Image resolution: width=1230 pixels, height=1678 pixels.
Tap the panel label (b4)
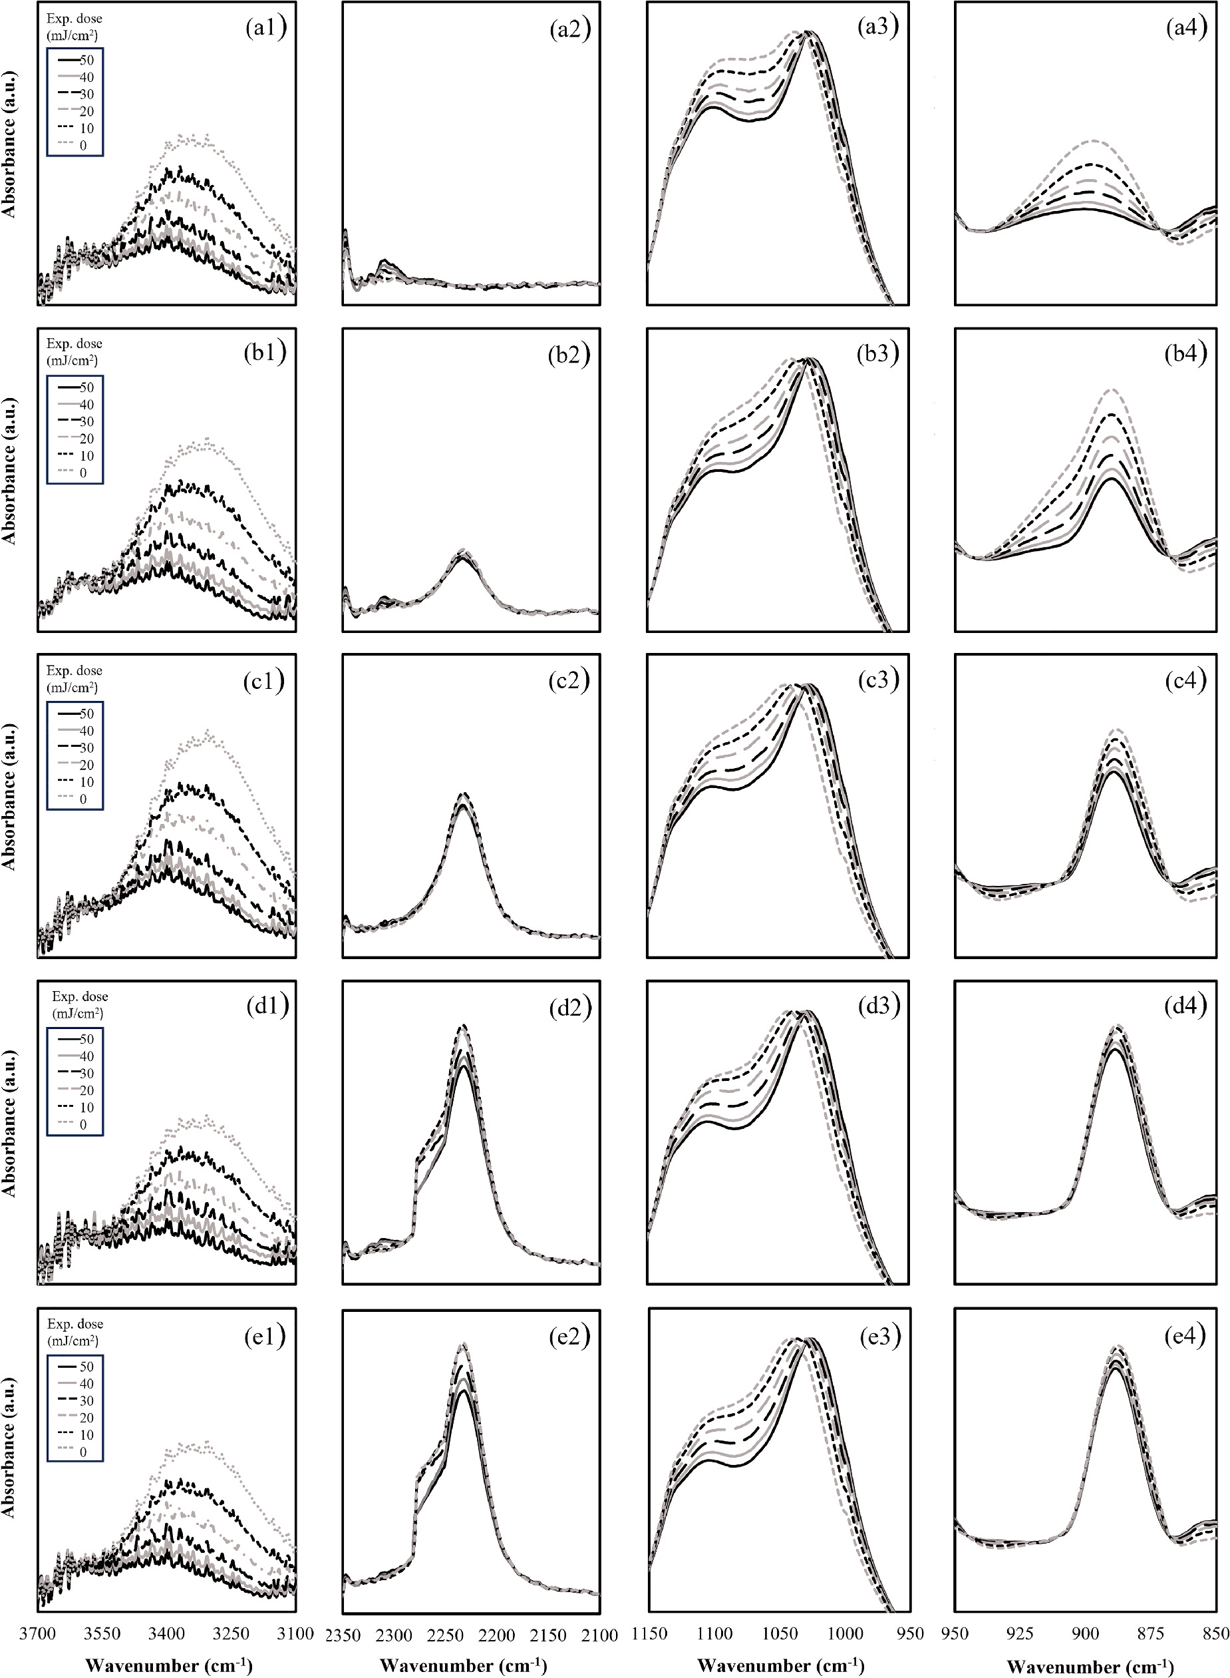point(1185,354)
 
